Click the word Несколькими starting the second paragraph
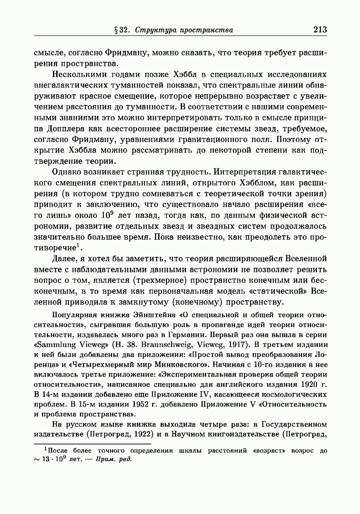pyautogui.click(x=78, y=75)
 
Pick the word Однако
pyautogui.click(x=71, y=173)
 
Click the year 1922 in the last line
pyautogui.click(x=141, y=435)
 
